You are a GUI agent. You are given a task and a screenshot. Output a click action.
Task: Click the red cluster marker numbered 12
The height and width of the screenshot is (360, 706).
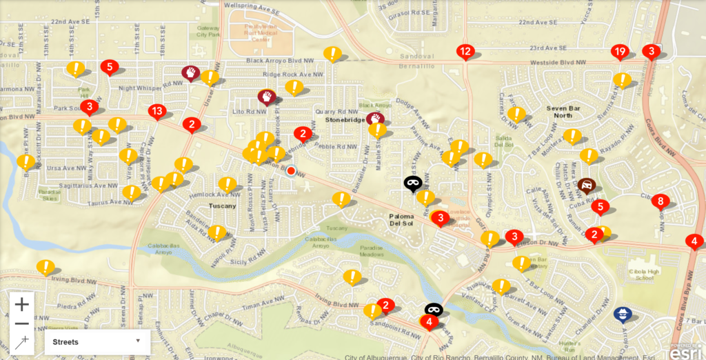click(x=465, y=51)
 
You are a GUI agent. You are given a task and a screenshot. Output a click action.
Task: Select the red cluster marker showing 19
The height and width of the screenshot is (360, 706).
click(x=619, y=52)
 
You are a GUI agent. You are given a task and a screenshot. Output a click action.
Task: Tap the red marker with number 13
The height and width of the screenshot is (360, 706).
click(x=157, y=111)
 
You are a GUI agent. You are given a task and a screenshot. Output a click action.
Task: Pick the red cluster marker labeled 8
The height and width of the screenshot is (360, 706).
click(x=660, y=201)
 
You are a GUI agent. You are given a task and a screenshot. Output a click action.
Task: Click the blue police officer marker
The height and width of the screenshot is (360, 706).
click(x=623, y=314)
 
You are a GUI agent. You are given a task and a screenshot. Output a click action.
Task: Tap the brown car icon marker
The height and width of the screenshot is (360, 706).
click(x=586, y=184)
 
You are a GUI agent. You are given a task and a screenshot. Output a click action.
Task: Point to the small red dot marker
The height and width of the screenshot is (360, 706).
click(x=291, y=170)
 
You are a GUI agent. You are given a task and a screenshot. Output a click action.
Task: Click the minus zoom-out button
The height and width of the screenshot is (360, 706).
click(x=21, y=323)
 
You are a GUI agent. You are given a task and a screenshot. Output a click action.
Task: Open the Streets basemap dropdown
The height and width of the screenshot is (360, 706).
click(x=97, y=341)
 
